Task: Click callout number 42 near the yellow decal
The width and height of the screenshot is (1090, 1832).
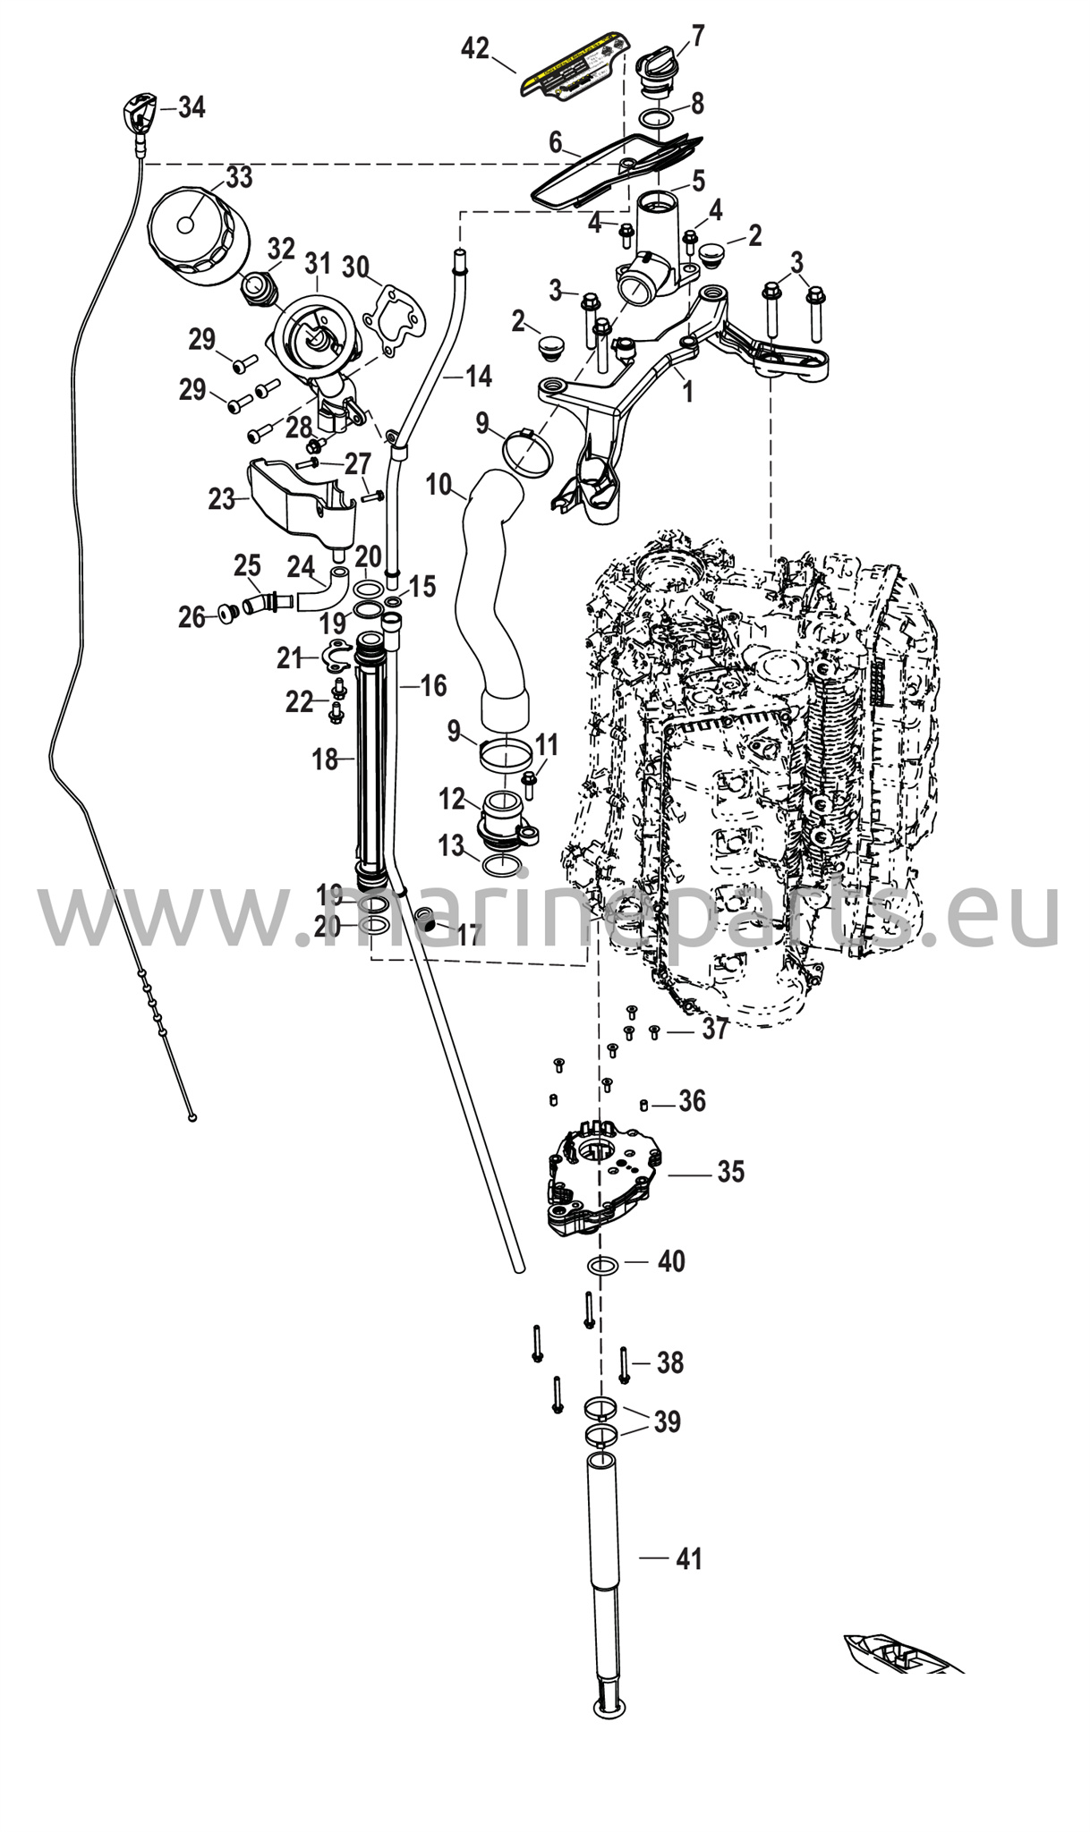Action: tap(475, 47)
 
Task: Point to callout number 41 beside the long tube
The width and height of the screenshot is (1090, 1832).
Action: tap(688, 1559)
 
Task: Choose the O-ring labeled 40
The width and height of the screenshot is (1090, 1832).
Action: tap(602, 1266)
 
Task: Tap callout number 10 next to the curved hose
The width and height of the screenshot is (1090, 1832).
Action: tap(439, 485)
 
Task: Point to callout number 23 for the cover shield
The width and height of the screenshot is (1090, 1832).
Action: tap(221, 498)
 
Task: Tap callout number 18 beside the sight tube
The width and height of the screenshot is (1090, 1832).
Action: tap(325, 759)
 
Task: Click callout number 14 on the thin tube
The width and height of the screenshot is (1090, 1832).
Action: tap(479, 377)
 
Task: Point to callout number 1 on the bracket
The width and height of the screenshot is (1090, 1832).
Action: tap(687, 391)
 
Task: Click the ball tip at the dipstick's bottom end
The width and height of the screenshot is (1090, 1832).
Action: tap(192, 1116)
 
